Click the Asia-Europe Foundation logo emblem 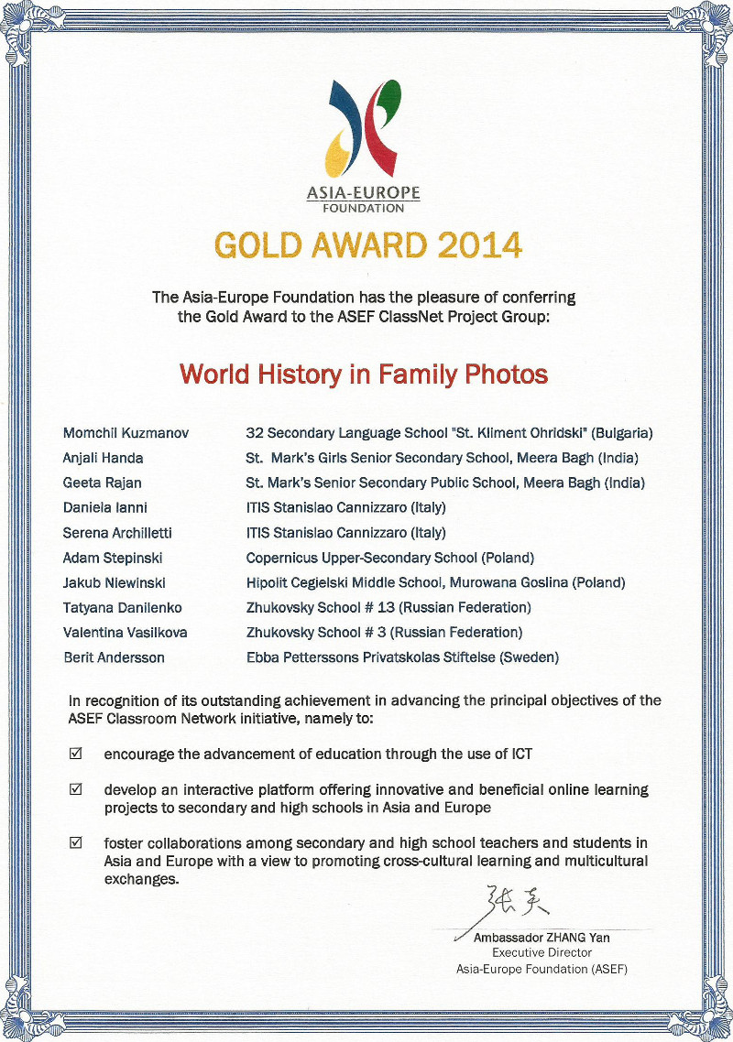(365, 129)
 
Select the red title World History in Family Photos (364, 374)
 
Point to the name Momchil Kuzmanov (126, 433)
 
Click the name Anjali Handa (103, 458)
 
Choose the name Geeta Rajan (101, 483)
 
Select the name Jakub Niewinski (113, 582)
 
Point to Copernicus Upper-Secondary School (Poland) (389, 558)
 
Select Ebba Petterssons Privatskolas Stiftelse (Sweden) (402, 657)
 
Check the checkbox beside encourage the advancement (76, 754)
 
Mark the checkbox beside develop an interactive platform (76, 788)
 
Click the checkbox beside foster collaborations (76, 842)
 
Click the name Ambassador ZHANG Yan (542, 938)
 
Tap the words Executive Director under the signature (542, 952)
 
